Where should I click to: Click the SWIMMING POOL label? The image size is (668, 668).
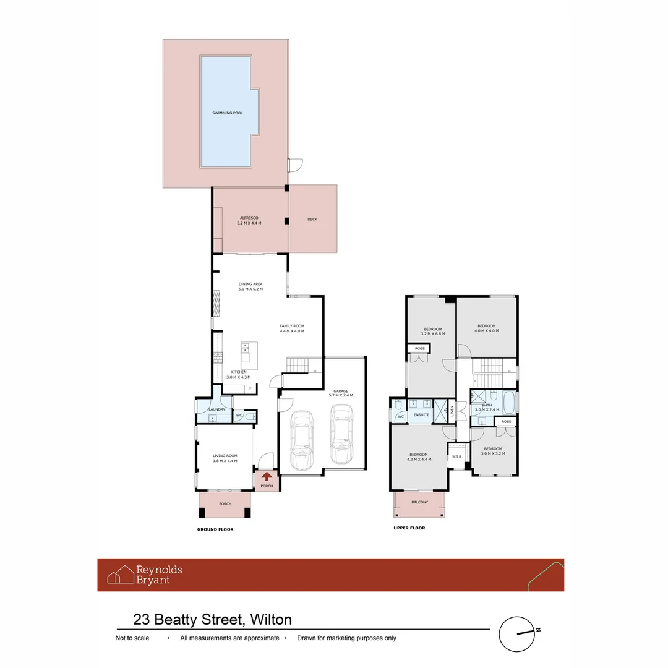pos(227,113)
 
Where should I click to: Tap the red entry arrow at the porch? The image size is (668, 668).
pos(267,476)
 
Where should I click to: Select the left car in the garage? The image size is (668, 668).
pos(302,440)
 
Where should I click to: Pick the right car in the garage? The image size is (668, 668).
pos(341,435)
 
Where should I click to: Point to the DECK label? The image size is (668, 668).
pos(312,219)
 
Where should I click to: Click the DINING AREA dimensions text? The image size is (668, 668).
pos(250,289)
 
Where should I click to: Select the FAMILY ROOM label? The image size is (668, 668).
pos(292,326)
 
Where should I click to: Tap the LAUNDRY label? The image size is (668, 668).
pos(216,409)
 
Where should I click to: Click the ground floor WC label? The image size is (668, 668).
pos(238,416)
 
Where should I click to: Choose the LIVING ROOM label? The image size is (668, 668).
pos(225,456)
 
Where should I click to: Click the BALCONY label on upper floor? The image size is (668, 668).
pos(419,502)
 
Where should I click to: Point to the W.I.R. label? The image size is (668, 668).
pos(458,457)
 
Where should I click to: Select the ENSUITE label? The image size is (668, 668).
pos(422,415)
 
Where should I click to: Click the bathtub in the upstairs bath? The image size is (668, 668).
pos(509,403)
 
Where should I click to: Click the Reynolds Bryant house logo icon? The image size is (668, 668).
pos(121,575)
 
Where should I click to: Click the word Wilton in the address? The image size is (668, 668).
pos(272,619)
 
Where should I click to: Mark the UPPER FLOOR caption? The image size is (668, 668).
pos(409,528)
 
